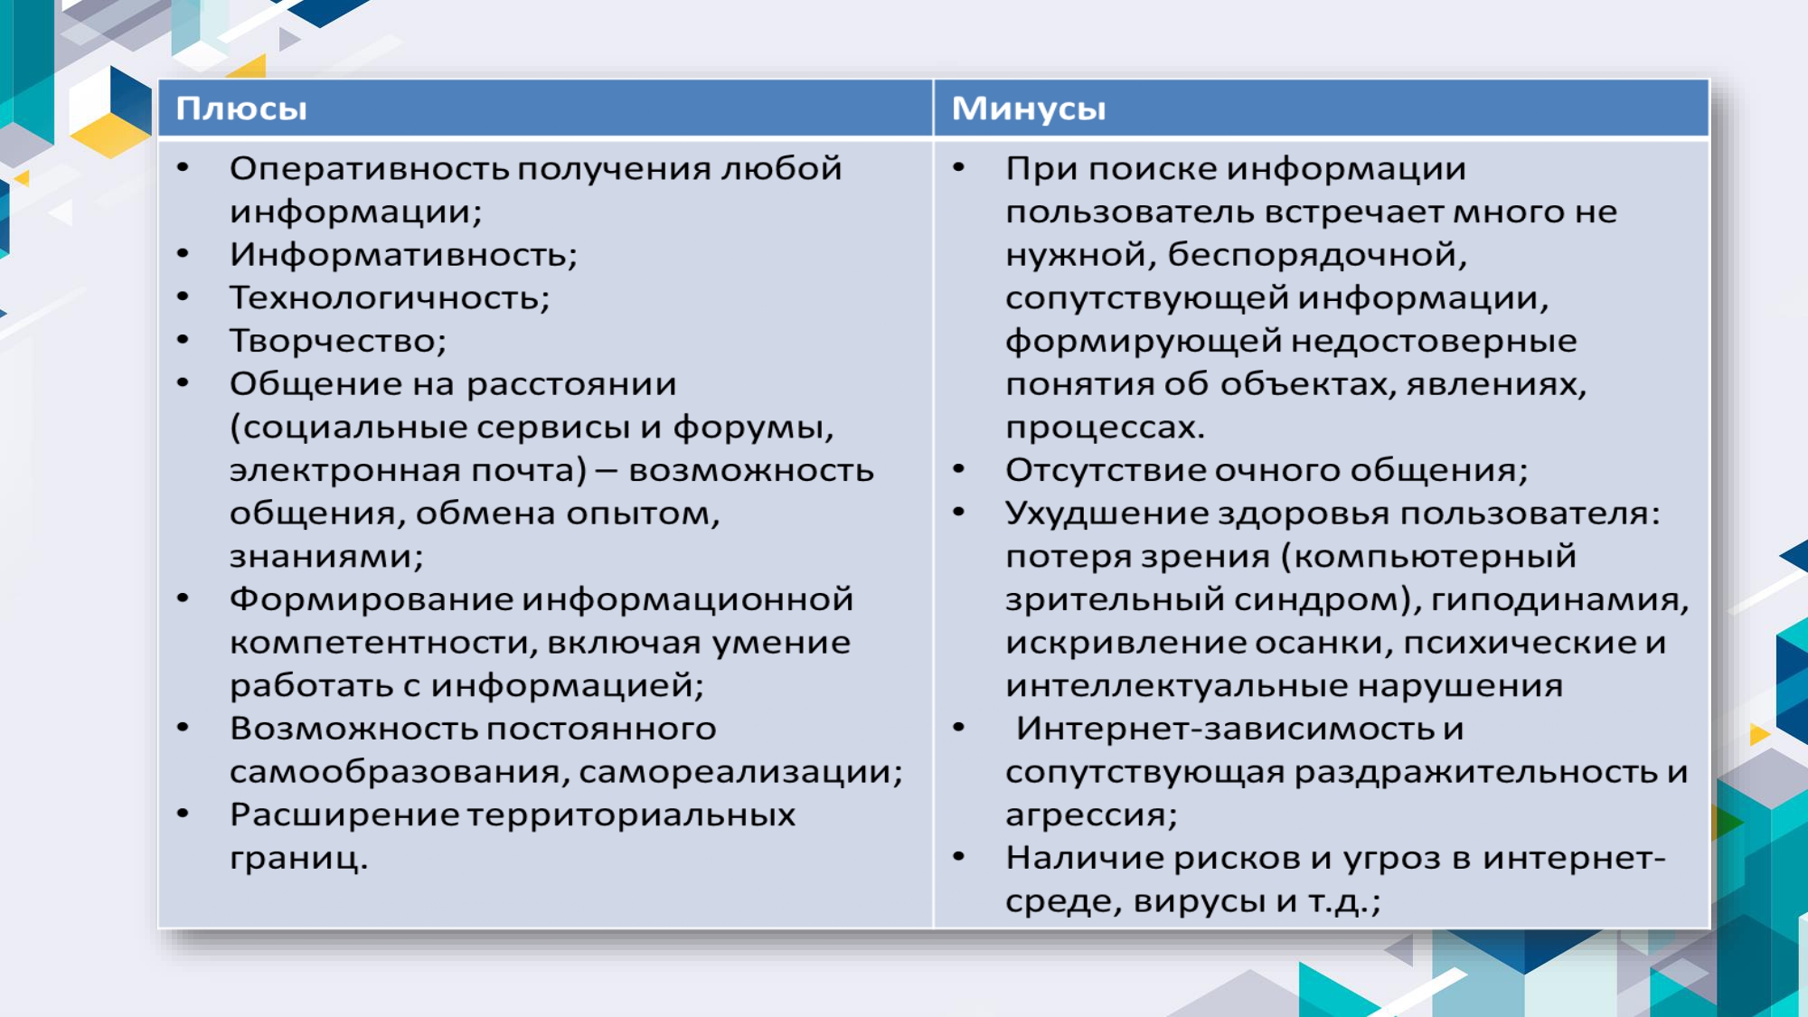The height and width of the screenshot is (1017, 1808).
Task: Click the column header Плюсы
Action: click(241, 109)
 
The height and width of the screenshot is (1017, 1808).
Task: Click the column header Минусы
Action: click(1029, 109)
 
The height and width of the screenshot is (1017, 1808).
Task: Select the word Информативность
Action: click(403, 255)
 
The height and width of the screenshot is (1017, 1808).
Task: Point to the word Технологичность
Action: click(390, 298)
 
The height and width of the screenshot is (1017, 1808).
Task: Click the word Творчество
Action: click(338, 341)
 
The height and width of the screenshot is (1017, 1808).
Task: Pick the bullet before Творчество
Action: click(184, 341)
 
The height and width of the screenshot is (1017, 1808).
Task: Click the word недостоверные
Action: click(1434, 342)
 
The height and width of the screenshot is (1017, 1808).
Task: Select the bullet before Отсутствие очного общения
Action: click(959, 470)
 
